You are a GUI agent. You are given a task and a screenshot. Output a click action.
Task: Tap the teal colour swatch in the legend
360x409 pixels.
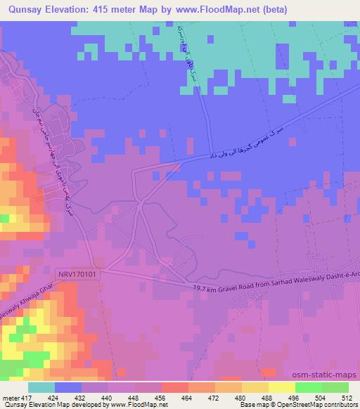click(x=41, y=387)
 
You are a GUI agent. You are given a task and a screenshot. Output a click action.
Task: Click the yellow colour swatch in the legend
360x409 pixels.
click(x=281, y=387)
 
